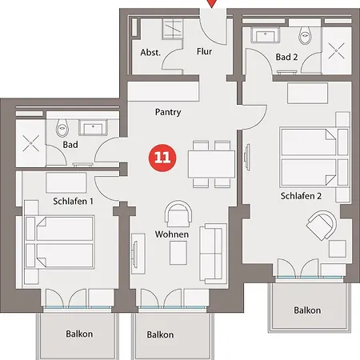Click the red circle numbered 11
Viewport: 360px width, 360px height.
[162, 158]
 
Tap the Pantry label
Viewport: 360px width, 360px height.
[168, 112]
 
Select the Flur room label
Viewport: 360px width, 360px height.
[204, 51]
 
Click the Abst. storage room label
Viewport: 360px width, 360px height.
[150, 52]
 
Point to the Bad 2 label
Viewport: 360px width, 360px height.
[286, 57]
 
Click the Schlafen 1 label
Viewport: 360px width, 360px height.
[73, 202]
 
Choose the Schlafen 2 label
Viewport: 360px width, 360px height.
[301, 196]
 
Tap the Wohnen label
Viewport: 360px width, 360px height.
[172, 234]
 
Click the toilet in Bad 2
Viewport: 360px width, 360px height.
[305, 35]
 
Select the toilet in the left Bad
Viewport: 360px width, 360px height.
[62, 128]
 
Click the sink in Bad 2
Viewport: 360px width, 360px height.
[265, 34]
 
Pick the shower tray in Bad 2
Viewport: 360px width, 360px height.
[337, 50]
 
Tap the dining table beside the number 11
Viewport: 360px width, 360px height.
[211, 164]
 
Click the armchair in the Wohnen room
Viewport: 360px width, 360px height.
[178, 214]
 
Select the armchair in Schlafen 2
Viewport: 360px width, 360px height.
[322, 225]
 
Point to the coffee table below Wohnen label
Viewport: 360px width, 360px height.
[178, 253]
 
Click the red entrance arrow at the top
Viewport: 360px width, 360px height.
[211, 4]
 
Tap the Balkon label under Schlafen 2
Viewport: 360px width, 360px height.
[307, 310]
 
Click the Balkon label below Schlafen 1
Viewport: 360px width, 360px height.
[79, 334]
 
